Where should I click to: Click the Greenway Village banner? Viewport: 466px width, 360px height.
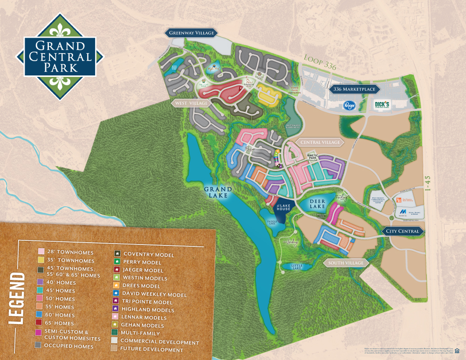[x=192, y=33]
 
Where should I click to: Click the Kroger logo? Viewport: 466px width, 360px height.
[x=350, y=106]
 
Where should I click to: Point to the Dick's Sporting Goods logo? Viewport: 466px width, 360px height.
[x=382, y=105]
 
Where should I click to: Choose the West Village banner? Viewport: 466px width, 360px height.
[x=191, y=102]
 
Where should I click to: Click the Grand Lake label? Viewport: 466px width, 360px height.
[x=218, y=192]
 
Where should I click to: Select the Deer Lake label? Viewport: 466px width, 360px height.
[x=318, y=203]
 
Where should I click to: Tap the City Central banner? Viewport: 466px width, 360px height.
[x=402, y=231]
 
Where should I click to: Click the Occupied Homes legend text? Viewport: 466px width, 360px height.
[x=68, y=346]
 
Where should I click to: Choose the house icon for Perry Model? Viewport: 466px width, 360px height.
[x=117, y=262]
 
